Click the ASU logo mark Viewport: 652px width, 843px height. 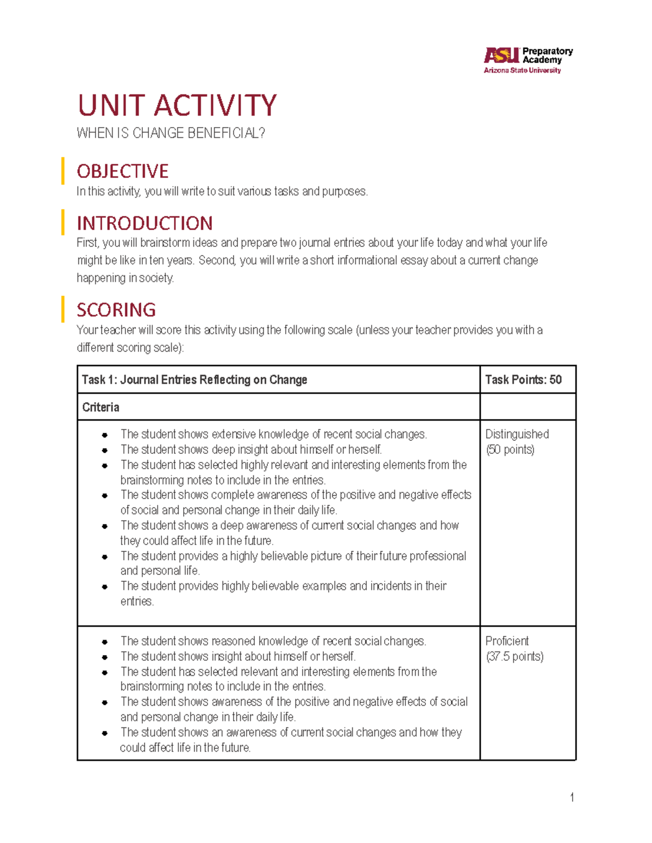click(501, 55)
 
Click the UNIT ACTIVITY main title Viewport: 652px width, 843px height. click(177, 105)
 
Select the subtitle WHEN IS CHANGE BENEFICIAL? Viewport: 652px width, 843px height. click(171, 134)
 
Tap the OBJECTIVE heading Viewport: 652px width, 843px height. click(123, 172)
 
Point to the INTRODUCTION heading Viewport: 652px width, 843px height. click(145, 224)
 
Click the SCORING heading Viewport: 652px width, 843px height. click(116, 310)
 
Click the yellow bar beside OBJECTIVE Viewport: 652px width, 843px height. click(63, 171)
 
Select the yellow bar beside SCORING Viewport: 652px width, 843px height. click(63, 309)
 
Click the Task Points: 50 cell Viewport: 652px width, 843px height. click(523, 380)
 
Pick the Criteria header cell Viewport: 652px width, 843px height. click(101, 408)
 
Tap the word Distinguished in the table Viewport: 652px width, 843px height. click(517, 434)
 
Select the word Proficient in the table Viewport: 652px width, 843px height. click(506, 641)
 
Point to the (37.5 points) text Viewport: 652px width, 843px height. click(514, 657)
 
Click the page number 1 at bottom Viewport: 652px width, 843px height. click(572, 797)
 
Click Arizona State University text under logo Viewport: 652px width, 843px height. click(522, 71)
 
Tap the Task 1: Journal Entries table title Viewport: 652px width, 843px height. click(195, 380)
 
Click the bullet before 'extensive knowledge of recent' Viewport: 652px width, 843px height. click(104, 435)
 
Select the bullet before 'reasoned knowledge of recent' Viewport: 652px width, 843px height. click(104, 642)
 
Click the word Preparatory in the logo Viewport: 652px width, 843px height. click(547, 51)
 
